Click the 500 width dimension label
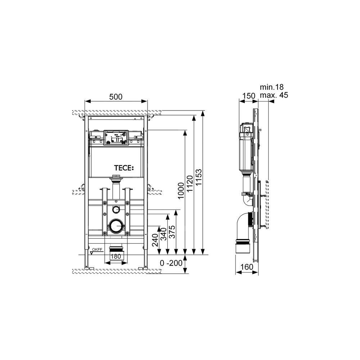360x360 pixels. tap(116, 96)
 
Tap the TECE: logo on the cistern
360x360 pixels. tap(124, 168)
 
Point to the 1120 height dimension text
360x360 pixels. tap(190, 184)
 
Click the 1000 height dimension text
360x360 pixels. tap(181, 191)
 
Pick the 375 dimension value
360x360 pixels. tap(172, 232)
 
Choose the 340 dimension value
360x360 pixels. tap(163, 234)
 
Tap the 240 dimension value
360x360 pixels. tap(155, 240)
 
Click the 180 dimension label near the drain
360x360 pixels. tap(116, 256)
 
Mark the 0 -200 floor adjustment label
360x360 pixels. tap(171, 263)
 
